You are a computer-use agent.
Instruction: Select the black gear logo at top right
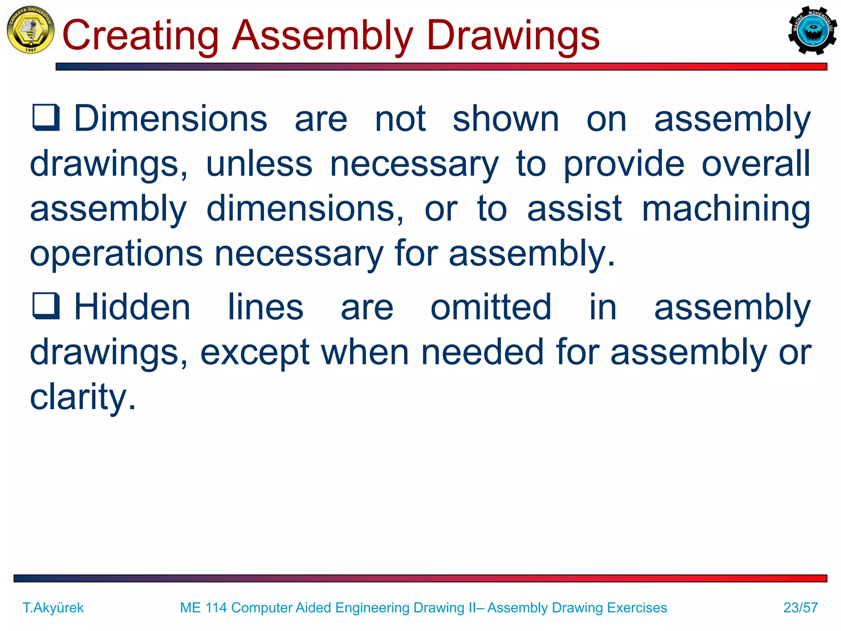(x=812, y=30)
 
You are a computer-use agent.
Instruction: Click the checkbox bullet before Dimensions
(x=46, y=117)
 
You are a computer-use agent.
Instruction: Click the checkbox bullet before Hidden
(x=46, y=306)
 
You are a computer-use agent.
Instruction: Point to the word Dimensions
(x=170, y=119)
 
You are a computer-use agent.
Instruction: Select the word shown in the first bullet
(x=506, y=119)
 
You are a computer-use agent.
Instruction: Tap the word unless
(x=259, y=164)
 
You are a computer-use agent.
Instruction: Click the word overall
(x=756, y=164)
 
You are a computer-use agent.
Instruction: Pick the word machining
(x=726, y=209)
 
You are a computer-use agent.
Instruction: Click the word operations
(x=116, y=254)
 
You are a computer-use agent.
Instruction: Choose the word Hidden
(x=132, y=307)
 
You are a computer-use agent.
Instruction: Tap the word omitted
(x=491, y=307)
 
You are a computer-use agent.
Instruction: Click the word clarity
(x=83, y=397)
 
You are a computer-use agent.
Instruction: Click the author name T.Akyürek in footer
(x=53, y=608)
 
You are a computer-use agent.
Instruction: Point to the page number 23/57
(x=800, y=608)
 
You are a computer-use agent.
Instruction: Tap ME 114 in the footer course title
(x=203, y=608)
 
